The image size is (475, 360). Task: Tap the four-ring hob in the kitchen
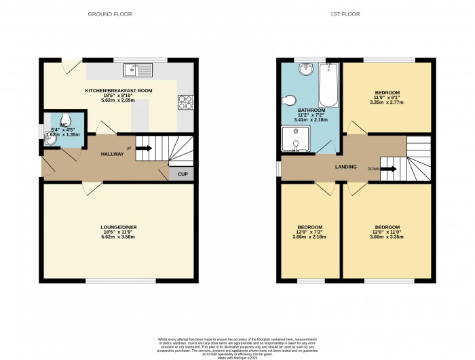[x=185, y=102]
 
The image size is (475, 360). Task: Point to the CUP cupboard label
[x=182, y=174]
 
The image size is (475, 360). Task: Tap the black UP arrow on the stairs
[x=142, y=147]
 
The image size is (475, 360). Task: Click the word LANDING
[x=345, y=167]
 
